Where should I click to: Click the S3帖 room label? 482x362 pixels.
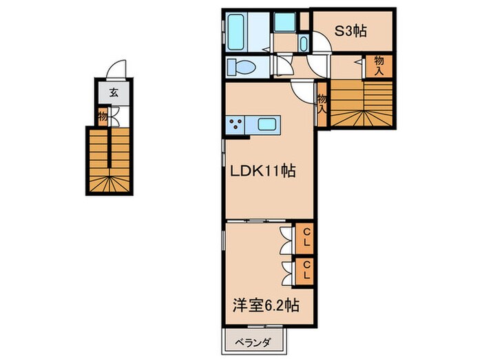pyautogui.click(x=350, y=31)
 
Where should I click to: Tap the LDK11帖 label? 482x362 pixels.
pyautogui.click(x=263, y=171)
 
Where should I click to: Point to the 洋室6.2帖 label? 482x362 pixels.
pyautogui.click(x=266, y=305)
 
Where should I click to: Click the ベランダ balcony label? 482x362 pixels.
pyautogui.click(x=253, y=342)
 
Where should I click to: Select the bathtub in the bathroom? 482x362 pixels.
pyautogui.click(x=236, y=32)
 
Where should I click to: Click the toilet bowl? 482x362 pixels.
pyautogui.click(x=241, y=67)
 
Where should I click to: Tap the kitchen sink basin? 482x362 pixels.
pyautogui.click(x=268, y=125)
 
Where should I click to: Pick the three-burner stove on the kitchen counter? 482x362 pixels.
pyautogui.click(x=235, y=124)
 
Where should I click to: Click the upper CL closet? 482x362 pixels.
pyautogui.click(x=304, y=239)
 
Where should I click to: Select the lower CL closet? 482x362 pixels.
pyautogui.click(x=304, y=271)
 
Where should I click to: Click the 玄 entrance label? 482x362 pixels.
pyautogui.click(x=114, y=92)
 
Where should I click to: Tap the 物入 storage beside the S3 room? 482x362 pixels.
pyautogui.click(x=379, y=66)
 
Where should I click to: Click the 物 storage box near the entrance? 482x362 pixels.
pyautogui.click(x=103, y=117)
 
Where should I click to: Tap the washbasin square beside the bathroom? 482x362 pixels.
pyautogui.click(x=284, y=22)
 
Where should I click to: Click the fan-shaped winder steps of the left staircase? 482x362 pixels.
pyautogui.click(x=109, y=184)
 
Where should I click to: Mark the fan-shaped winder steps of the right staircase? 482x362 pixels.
pyautogui.click(x=361, y=118)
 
